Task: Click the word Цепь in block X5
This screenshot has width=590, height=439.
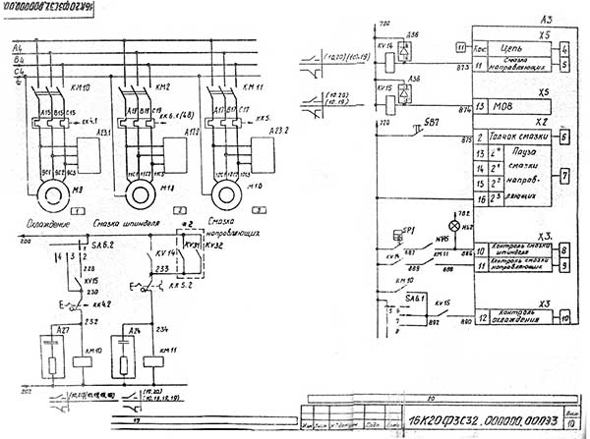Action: pyautogui.click(x=513, y=45)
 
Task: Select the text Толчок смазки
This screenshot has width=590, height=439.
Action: pyautogui.click(x=514, y=139)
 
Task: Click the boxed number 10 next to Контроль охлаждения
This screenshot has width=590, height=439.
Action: pyautogui.click(x=565, y=316)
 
